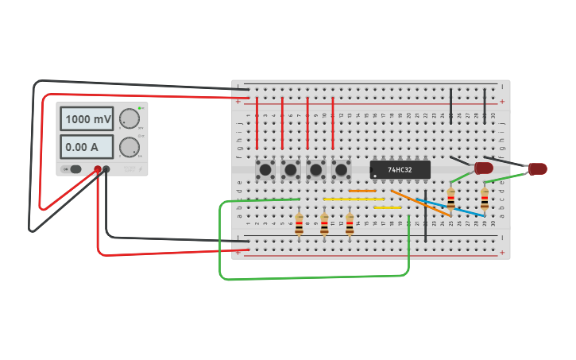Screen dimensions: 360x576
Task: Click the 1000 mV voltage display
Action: click(87, 119)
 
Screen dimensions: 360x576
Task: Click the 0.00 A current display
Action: click(87, 146)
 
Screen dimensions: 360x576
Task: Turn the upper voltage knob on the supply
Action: click(128, 119)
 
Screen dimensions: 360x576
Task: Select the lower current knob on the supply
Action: click(128, 146)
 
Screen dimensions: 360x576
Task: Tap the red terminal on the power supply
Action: click(99, 168)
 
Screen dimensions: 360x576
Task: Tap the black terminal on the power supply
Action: click(106, 168)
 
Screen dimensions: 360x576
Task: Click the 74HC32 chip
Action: click(400, 169)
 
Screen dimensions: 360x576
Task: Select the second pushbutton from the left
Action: click(291, 169)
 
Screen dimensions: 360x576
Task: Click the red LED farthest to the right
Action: click(538, 168)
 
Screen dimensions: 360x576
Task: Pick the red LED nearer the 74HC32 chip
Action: click(483, 168)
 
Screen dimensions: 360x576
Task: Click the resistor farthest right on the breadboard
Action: click(485, 197)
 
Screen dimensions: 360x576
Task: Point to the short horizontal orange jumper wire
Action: click(362, 191)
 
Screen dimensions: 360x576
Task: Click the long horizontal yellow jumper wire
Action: click(354, 199)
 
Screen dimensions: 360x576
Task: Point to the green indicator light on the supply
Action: click(141, 108)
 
